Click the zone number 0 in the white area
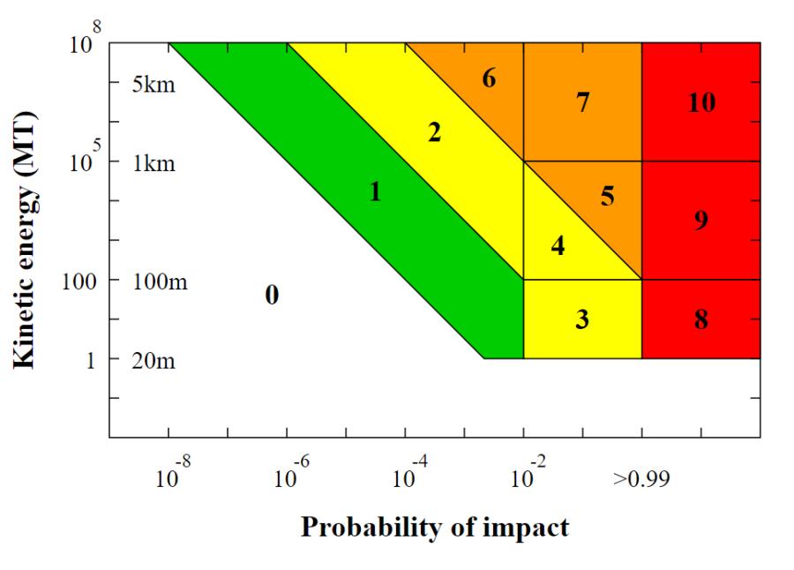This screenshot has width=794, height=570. (272, 295)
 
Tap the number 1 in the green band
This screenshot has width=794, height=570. (375, 192)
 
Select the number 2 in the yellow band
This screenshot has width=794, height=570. (434, 132)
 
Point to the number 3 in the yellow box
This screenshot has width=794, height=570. (582, 319)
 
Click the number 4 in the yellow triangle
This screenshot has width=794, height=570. (558, 245)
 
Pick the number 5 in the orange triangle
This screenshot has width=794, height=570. (608, 196)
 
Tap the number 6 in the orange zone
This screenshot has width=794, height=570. (489, 79)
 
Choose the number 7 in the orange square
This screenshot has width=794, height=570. (583, 102)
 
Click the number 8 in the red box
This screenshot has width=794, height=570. (701, 319)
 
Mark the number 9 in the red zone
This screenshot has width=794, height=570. (701, 220)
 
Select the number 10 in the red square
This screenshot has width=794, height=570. (702, 102)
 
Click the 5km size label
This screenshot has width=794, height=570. (154, 84)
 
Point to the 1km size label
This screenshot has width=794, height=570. (154, 163)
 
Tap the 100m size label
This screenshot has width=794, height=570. (160, 281)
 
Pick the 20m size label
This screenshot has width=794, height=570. (154, 361)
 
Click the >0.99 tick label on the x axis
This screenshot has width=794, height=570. (641, 477)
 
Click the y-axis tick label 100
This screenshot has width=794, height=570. (79, 281)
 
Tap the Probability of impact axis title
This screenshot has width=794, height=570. (435, 528)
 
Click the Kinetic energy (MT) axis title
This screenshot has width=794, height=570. (25, 240)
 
